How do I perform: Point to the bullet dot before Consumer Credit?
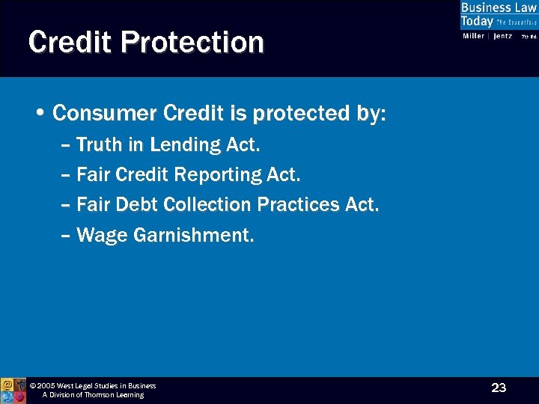coord(40,114)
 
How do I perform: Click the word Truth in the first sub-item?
coord(99,144)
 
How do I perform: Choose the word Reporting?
coord(218,175)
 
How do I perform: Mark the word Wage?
coord(102,236)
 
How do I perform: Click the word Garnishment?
coord(194,236)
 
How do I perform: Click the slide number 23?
coord(499,388)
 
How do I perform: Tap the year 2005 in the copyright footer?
coord(46,386)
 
